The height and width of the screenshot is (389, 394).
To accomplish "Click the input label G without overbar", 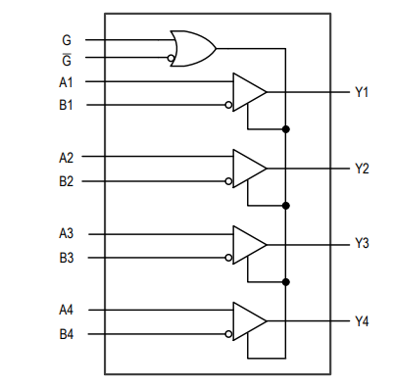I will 67,40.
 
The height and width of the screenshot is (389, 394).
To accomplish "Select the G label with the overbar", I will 67,59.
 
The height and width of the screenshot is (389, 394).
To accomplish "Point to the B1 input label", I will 67,105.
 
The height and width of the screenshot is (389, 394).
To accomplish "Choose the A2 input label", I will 67,157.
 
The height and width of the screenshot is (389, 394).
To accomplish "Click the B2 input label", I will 67,181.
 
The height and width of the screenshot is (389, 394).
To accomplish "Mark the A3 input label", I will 67,234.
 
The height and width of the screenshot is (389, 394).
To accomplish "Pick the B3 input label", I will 67,258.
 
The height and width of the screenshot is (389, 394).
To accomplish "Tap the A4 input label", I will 67,310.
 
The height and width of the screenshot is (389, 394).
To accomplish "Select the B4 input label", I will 67,334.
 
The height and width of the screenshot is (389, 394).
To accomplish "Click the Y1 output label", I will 362,92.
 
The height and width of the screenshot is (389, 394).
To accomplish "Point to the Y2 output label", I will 362,169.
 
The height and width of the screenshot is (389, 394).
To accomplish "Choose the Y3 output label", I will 362,244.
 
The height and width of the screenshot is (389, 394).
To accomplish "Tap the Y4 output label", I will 362,320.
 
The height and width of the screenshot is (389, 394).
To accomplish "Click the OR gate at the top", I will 192,47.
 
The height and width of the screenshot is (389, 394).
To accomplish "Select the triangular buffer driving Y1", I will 249,92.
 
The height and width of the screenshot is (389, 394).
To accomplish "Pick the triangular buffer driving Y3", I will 249,244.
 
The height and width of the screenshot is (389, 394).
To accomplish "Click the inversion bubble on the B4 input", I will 229,334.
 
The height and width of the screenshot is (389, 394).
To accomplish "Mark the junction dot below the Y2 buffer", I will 285,205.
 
